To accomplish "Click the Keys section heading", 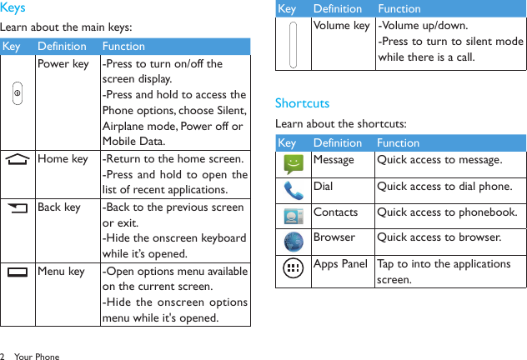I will (13, 8).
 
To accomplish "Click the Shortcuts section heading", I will (302, 103).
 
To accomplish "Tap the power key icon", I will (18, 94).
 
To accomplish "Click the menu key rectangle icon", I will (18, 272).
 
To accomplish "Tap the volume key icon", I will (293, 43).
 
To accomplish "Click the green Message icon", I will (293, 164).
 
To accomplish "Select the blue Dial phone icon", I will (293, 191).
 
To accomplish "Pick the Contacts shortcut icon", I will (293, 217).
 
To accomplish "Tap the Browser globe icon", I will (293, 242).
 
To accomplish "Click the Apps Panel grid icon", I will (293, 269).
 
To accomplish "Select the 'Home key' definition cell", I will (63, 159).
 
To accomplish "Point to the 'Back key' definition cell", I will (60, 207).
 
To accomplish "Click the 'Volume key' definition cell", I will (342, 25).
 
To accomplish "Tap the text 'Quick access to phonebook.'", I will (446, 212).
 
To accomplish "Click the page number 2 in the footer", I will (3, 357).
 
